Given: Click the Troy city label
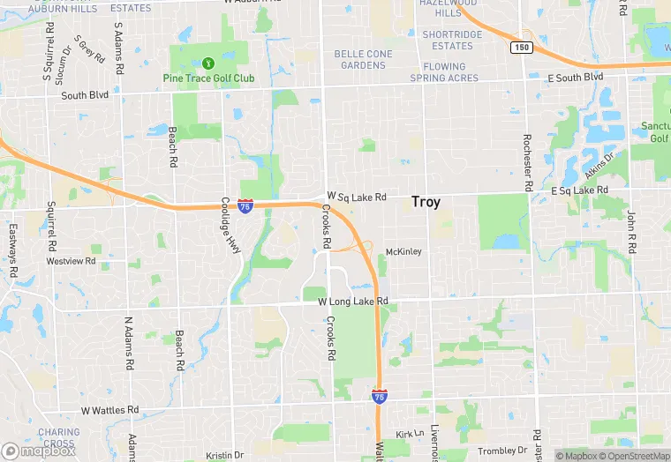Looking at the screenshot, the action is coord(426,202).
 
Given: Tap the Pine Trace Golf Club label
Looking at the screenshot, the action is coord(208,78).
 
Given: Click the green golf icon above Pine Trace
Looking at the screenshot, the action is coord(208,63).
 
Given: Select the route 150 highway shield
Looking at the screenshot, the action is coord(523,47).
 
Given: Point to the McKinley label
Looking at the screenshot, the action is coord(403,252).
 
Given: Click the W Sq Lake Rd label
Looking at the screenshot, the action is coord(357,196).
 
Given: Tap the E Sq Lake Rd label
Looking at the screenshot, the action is coord(580,190).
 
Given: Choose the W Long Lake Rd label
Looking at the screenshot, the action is coord(353,302).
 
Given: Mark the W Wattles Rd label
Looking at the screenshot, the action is coord(110,411).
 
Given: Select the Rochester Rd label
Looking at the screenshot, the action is coord(527,162).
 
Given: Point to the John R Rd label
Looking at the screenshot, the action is coord(631,231).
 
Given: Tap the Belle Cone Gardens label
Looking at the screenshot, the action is coord(363,59).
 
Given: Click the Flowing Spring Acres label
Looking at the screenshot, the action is coord(443,72).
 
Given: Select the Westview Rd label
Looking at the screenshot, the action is coord(71,262).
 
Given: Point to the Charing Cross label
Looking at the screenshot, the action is coord(58,438).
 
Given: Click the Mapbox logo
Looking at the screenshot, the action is coord(38,451).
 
